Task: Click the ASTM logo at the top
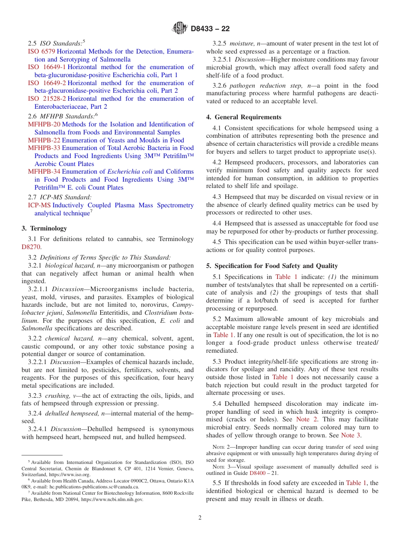[180, 29]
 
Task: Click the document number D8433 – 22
[210, 29]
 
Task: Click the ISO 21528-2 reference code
[47, 99]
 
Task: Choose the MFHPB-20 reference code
[44, 124]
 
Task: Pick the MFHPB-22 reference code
[44, 140]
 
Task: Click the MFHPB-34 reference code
[44, 172]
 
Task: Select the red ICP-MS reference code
[39, 205]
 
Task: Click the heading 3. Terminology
[44, 228]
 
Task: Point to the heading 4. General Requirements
[244, 117]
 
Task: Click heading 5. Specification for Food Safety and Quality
[272, 266]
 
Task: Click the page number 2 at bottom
[200, 518]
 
